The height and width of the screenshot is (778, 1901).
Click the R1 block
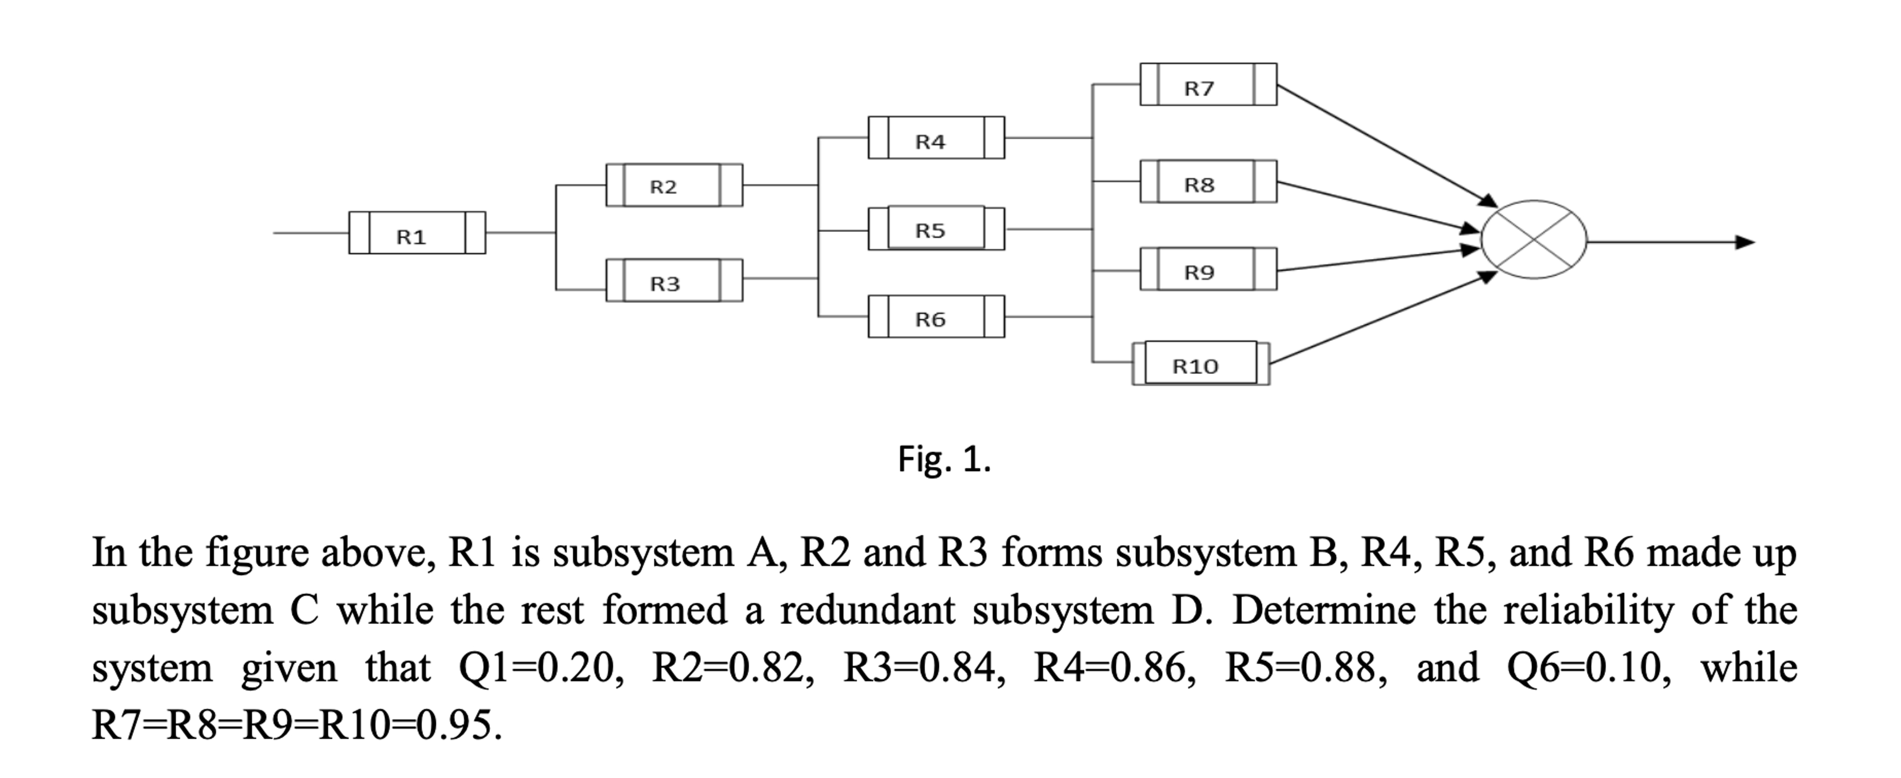(x=417, y=233)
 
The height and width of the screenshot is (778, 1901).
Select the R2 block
(x=674, y=185)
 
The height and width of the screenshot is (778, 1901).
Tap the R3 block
(x=674, y=280)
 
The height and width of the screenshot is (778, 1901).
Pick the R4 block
(x=936, y=138)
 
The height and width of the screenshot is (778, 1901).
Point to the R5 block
(x=936, y=229)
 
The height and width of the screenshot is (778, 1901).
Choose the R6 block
(x=936, y=316)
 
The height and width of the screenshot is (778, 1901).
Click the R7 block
(x=1208, y=85)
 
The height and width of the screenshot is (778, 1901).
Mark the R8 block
(x=1208, y=182)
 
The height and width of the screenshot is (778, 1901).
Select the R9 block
(x=1208, y=270)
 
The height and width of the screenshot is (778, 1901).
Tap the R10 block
(x=1200, y=363)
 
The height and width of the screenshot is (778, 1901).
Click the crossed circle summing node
(x=1533, y=240)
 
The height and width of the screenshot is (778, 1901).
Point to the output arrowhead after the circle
(x=1745, y=242)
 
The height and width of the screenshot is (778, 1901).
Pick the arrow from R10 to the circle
(x=1380, y=319)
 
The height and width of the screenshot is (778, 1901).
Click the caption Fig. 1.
(x=944, y=460)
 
